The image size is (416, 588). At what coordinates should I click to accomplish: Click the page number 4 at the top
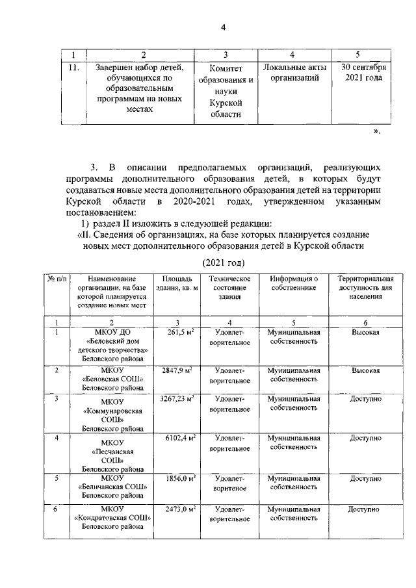coord(223,27)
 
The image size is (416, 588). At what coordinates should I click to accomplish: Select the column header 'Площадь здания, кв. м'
coord(177,283)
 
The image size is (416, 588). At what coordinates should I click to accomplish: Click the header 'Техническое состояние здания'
coord(226,288)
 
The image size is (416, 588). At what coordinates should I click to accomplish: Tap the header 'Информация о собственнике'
coord(294,283)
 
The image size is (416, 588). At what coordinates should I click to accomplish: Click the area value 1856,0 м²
coord(181,478)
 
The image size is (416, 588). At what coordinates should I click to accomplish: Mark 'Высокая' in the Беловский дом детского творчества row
coord(366,333)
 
